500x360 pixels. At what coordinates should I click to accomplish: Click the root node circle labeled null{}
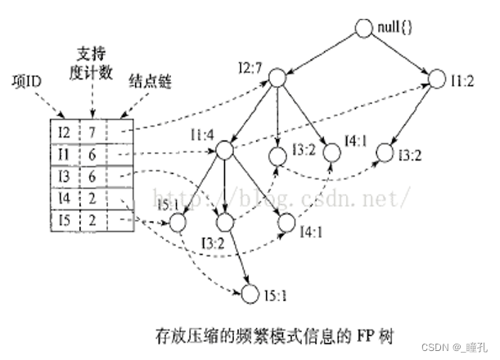click(363, 27)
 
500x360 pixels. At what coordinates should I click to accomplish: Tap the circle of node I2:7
click(277, 79)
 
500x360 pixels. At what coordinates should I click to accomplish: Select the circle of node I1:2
click(433, 79)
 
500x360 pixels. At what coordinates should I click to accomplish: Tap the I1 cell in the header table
click(65, 154)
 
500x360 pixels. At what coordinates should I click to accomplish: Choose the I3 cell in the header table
click(65, 176)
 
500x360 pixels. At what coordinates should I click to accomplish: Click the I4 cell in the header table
click(65, 198)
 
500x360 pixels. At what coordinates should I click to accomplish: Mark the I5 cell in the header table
click(65, 220)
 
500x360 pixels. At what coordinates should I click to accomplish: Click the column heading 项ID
click(29, 82)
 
